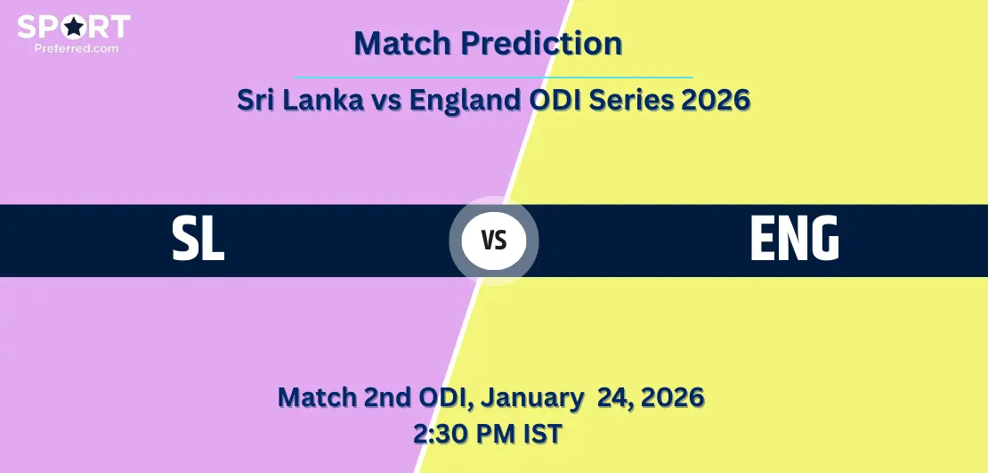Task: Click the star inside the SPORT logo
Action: [x=74, y=27]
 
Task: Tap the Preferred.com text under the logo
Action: [x=77, y=48]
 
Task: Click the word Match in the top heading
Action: [x=402, y=43]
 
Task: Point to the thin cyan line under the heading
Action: [x=493, y=77]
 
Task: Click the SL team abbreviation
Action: [x=198, y=239]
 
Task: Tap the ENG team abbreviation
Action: [x=795, y=239]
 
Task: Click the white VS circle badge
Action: [x=494, y=241]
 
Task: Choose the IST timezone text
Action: [x=543, y=434]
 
